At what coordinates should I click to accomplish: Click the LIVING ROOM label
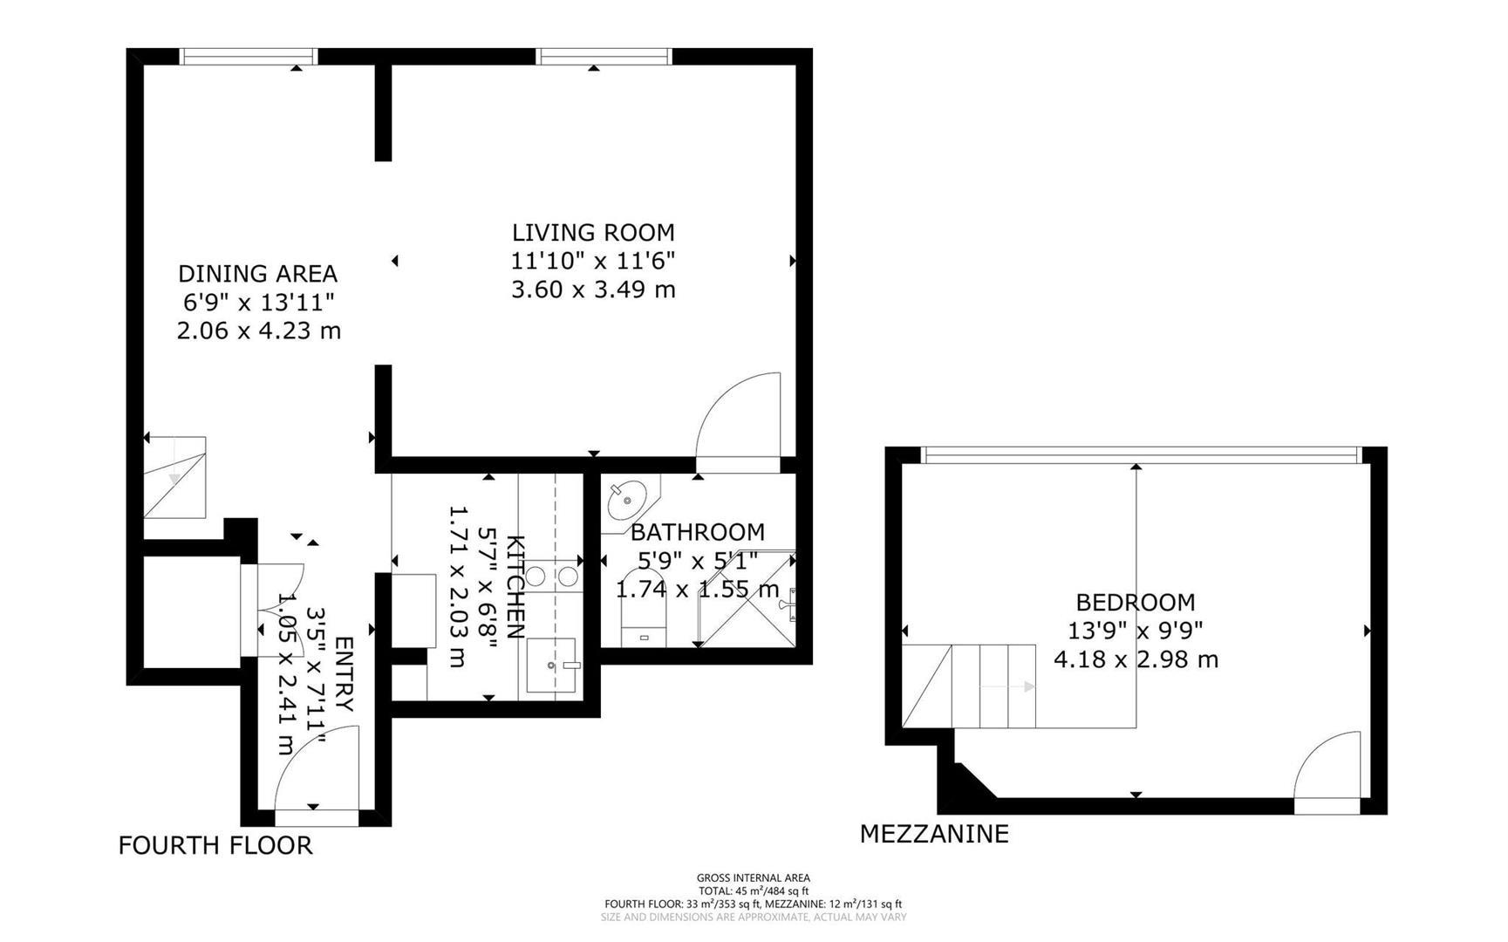point(593,233)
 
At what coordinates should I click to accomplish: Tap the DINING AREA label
point(257,274)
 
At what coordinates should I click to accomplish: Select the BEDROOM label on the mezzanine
point(1135,603)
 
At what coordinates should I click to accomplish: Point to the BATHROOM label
point(697,532)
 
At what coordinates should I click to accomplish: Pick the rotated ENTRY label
point(343,673)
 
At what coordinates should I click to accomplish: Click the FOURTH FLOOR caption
point(215,845)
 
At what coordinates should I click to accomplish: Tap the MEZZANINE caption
point(934,834)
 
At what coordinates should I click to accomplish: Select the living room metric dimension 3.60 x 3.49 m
point(593,290)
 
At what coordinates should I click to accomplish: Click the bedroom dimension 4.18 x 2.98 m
point(1136,659)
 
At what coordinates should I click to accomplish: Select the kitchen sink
point(554,665)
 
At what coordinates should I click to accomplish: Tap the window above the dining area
point(249,57)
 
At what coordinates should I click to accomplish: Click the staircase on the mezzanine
point(969,686)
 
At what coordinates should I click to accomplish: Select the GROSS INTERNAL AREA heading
point(754,878)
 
